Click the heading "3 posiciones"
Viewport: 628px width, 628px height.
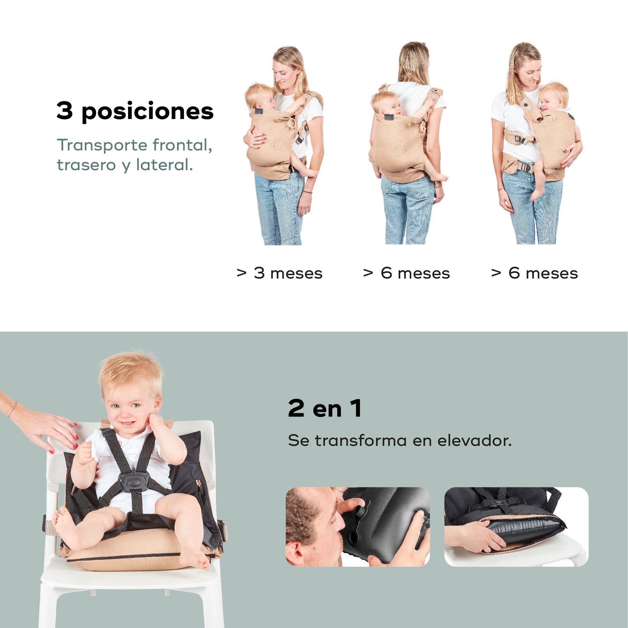135,111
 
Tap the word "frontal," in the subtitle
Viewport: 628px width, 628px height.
182,145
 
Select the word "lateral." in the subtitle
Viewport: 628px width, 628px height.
164,165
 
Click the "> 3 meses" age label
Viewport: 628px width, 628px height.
279,273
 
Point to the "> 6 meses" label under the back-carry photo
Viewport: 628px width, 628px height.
406,273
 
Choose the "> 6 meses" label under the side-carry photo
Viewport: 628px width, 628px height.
534,273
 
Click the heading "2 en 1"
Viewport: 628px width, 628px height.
325,408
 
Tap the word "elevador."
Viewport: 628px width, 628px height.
474,441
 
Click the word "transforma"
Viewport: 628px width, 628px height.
361,441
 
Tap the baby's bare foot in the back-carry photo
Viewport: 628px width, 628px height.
439,177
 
